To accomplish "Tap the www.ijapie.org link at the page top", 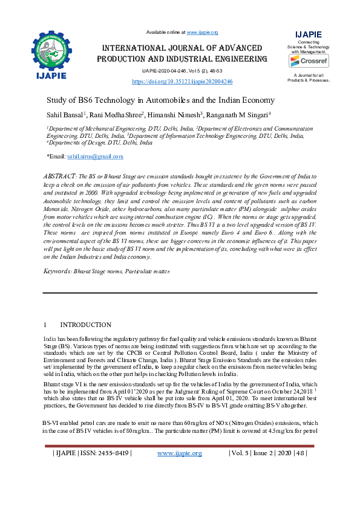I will click(x=202, y=31).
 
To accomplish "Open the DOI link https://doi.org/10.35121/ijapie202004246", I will click(x=182, y=80).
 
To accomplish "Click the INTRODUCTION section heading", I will click(x=85, y=325).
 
